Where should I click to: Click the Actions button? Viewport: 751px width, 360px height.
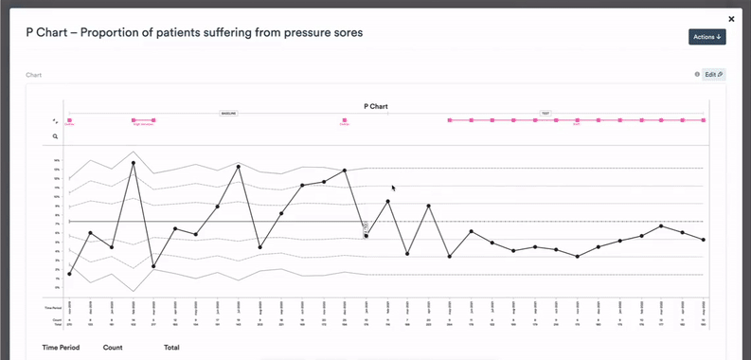click(706, 37)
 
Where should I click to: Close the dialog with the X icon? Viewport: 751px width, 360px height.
click(731, 18)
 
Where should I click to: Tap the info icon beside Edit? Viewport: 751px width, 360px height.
click(697, 74)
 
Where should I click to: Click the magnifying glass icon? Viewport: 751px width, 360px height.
click(55, 136)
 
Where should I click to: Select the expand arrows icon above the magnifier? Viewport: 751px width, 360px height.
click(55, 121)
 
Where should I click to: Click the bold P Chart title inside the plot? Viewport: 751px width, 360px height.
click(376, 106)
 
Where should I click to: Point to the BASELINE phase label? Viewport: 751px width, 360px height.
click(229, 113)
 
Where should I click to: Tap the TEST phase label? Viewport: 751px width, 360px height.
click(545, 113)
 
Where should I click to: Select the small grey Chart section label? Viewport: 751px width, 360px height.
click(33, 74)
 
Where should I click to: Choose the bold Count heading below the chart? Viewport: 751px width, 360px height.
click(113, 348)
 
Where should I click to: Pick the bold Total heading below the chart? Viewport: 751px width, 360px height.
click(171, 348)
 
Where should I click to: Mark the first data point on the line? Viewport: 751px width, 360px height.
click(69, 274)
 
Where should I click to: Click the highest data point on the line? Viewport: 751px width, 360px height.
click(133, 163)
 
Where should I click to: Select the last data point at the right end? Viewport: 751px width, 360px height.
click(703, 240)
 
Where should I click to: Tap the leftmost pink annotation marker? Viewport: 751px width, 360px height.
click(69, 120)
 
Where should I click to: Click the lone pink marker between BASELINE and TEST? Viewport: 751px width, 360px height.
click(344, 120)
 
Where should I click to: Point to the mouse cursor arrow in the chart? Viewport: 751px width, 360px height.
click(394, 188)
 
